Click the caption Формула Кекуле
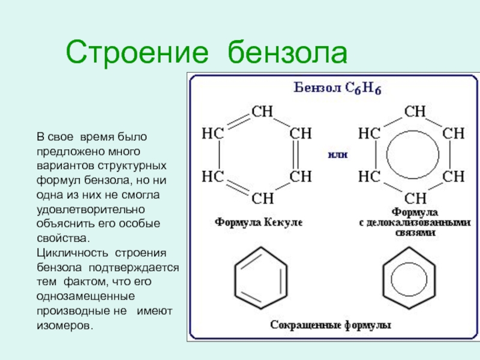259,222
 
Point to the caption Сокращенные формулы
331,326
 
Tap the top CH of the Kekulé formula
262,111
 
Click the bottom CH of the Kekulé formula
262,197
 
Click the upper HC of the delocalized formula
368,133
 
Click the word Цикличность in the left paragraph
65,252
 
